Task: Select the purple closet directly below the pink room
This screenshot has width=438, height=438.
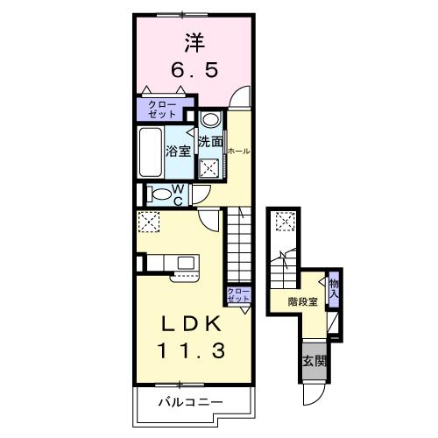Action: coord(160,109)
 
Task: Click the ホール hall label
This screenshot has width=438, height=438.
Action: coord(237,151)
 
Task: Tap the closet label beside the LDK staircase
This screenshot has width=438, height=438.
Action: coord(237,294)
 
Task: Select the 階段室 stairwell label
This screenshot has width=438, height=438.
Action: coord(304,302)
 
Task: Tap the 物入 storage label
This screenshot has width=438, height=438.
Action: coord(334,287)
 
